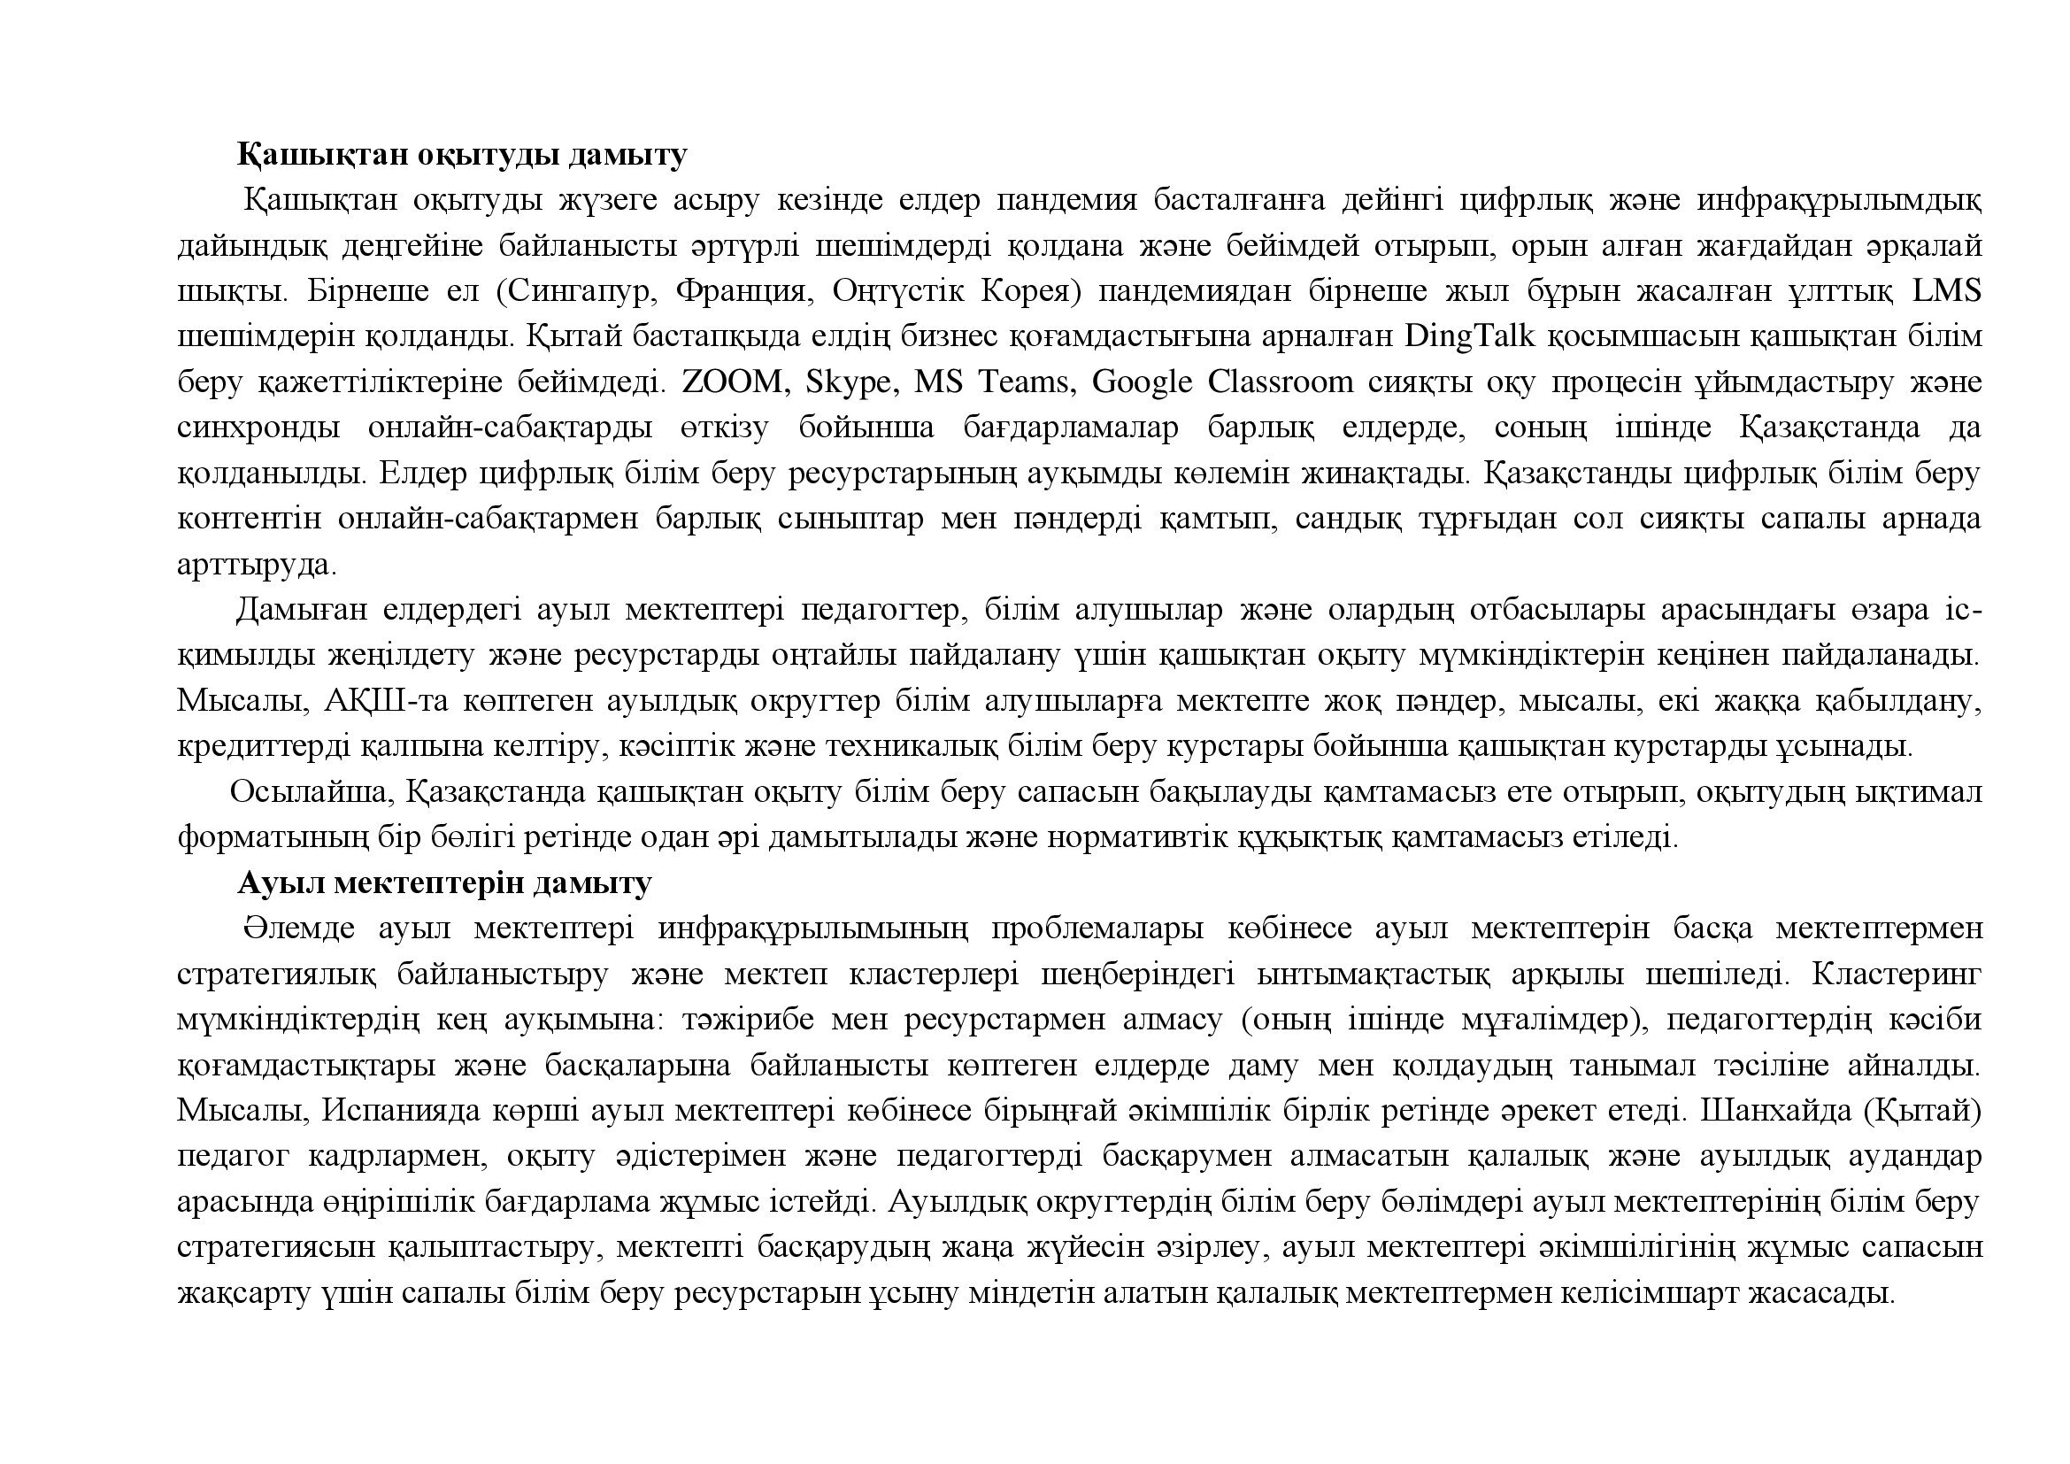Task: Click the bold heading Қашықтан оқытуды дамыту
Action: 462,155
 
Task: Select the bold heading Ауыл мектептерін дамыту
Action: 443,882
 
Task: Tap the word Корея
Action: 1029,291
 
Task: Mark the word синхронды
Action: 258,428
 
